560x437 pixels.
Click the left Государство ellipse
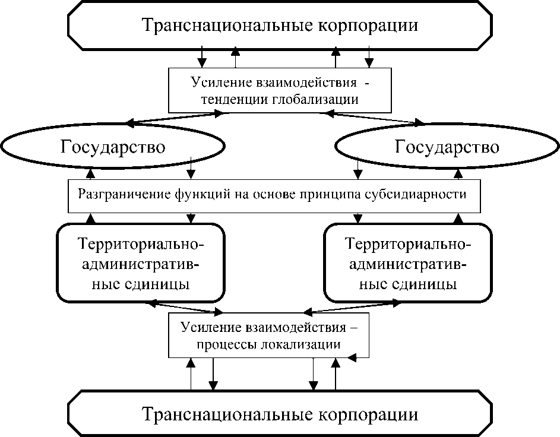[113, 147]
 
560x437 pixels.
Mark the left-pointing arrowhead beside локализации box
[352, 358]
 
